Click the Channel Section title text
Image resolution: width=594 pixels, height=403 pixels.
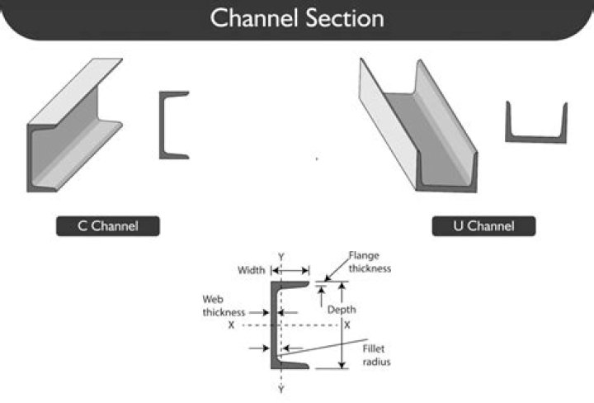(x=297, y=18)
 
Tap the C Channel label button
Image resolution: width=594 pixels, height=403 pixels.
(x=108, y=226)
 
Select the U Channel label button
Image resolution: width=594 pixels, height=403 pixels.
(x=483, y=226)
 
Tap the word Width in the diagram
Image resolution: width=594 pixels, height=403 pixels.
(x=251, y=270)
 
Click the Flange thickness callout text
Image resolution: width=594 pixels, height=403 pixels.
(x=370, y=262)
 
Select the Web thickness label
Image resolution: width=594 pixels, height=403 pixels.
(x=224, y=306)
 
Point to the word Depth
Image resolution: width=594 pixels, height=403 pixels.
(x=342, y=310)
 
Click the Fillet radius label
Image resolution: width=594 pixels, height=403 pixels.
(x=376, y=355)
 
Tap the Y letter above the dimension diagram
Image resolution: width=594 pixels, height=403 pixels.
(x=281, y=257)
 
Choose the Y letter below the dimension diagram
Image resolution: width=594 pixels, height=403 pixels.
(x=281, y=389)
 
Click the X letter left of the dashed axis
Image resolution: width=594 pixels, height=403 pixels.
(x=231, y=325)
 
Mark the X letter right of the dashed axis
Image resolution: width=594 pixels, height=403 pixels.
(x=347, y=325)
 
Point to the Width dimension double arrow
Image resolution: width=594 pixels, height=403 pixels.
(x=290, y=271)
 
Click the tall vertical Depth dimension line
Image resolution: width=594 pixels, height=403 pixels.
(x=342, y=325)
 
